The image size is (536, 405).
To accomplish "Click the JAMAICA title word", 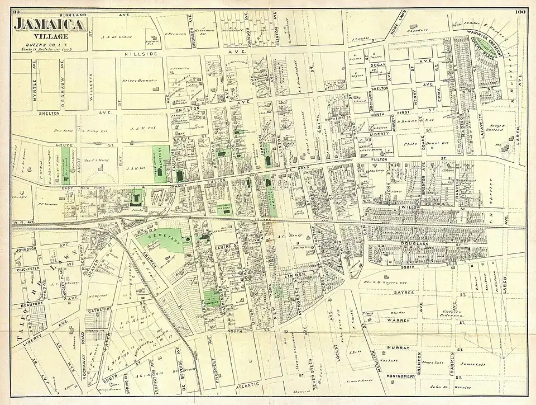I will point(50,24).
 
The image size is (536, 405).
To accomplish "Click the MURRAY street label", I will point(398,347).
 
